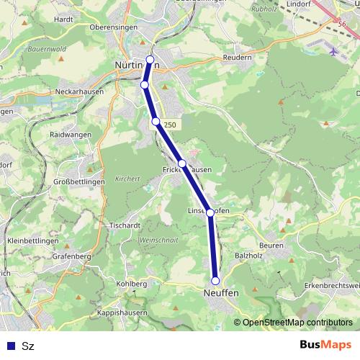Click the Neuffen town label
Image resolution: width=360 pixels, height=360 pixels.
point(220,294)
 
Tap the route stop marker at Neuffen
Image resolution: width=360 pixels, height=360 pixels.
point(215,281)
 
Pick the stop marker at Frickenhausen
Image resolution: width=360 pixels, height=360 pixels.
point(183,163)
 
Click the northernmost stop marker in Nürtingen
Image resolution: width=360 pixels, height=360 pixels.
point(150,59)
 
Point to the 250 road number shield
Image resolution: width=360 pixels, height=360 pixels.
point(169,125)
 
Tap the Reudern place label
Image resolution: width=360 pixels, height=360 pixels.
point(238,58)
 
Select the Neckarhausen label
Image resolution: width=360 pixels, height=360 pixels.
point(80,92)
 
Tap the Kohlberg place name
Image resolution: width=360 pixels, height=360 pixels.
point(132,284)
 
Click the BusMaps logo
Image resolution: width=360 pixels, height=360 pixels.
point(325,345)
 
